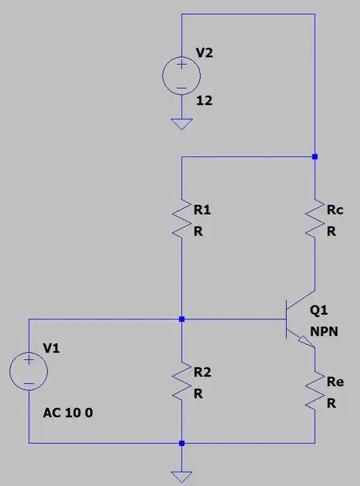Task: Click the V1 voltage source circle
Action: coord(29,372)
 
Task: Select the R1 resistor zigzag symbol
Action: coord(181,220)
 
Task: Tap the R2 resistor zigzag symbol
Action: coord(181,382)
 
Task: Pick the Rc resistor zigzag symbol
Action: coord(315,220)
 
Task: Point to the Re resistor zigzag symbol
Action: coord(315,393)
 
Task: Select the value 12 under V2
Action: coord(204,101)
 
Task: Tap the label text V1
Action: coord(52,348)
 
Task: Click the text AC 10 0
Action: coord(68,413)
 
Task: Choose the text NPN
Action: coord(324,331)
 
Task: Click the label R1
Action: coord(202,211)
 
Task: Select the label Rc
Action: coord(335,211)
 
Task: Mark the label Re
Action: coord(335,382)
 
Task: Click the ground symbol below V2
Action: coord(181,124)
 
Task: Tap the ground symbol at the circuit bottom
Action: coord(181,476)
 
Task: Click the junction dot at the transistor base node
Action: coord(181,319)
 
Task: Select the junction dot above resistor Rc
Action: coord(315,157)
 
